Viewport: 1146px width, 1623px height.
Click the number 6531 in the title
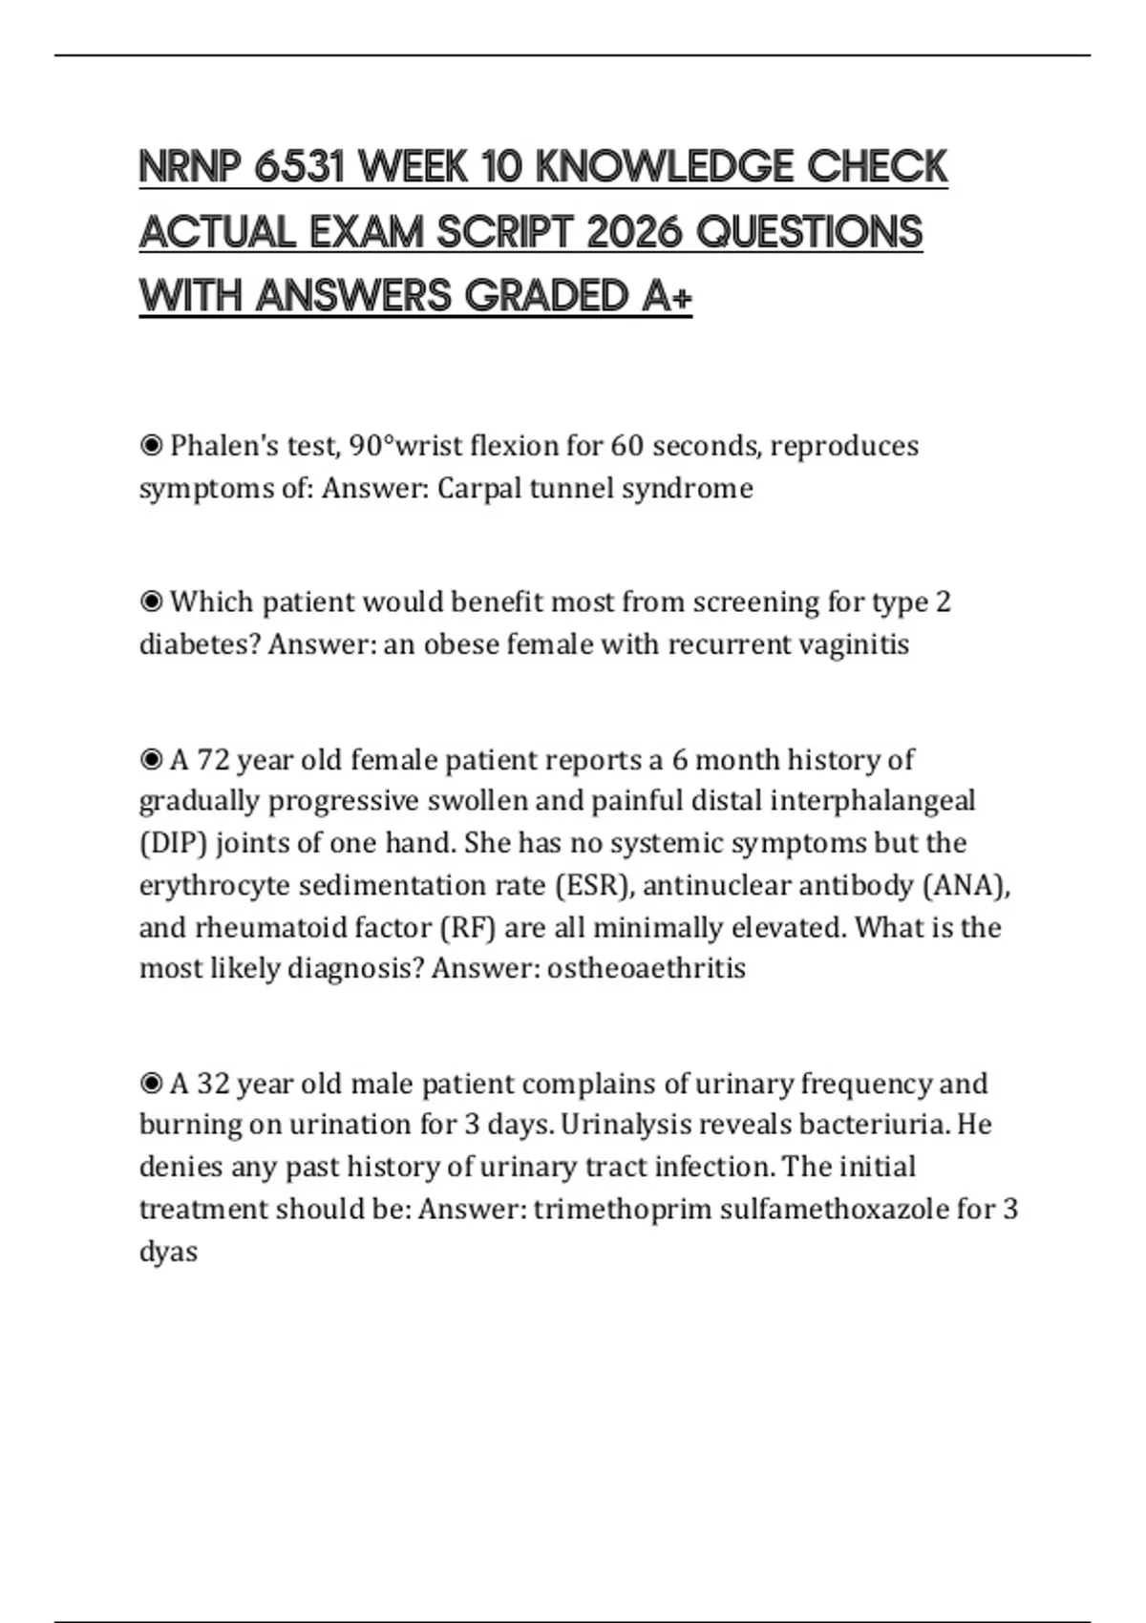[x=299, y=167]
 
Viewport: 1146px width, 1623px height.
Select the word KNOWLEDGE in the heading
[x=665, y=167]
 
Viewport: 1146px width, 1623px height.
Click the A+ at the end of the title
[x=667, y=296]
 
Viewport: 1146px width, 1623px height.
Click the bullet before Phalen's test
[x=151, y=446]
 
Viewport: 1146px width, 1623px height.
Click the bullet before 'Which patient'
[x=151, y=602]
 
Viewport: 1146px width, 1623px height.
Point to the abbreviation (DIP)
[x=173, y=844]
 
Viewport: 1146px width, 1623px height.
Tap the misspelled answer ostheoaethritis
[x=646, y=969]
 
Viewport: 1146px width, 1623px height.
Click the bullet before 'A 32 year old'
[x=151, y=1084]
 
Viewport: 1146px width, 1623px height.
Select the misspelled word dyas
[x=168, y=1252]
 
